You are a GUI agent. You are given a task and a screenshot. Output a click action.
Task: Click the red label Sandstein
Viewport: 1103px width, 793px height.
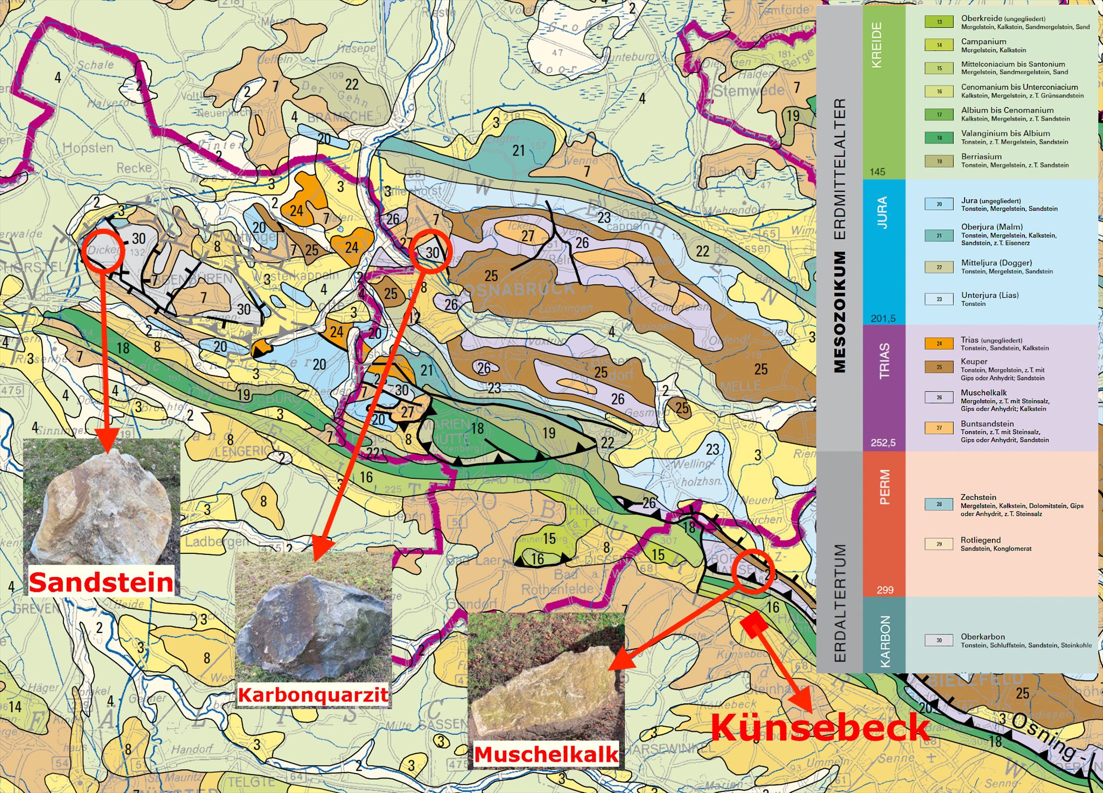pyautogui.click(x=101, y=582)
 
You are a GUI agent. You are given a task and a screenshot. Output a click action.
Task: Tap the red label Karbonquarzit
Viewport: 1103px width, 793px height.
pyautogui.click(x=313, y=694)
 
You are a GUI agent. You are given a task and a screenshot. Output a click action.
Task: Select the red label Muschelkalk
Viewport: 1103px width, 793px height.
pyautogui.click(x=546, y=754)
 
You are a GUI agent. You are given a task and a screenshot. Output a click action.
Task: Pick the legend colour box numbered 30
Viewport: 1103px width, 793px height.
pyautogui.click(x=939, y=641)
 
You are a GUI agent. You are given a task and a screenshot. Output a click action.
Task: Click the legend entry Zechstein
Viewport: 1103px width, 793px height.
pyautogui.click(x=978, y=497)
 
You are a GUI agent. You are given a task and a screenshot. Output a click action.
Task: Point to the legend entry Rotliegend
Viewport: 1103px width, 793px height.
pyautogui.click(x=980, y=540)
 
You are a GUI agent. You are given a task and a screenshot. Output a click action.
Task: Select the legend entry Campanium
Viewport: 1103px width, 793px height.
pyautogui.click(x=983, y=41)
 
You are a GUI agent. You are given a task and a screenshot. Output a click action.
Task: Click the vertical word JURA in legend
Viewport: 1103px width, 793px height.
pyautogui.click(x=882, y=213)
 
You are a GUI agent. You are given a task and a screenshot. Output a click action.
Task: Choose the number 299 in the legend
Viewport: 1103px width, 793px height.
pyautogui.click(x=885, y=590)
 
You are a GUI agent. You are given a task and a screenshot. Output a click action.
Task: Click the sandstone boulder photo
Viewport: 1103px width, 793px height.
pyautogui.click(x=101, y=504)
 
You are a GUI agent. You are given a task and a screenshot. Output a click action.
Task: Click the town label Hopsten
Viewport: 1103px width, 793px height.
pyautogui.click(x=88, y=148)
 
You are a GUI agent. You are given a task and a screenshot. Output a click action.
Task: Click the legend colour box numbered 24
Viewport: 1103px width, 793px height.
pyautogui.click(x=939, y=343)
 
